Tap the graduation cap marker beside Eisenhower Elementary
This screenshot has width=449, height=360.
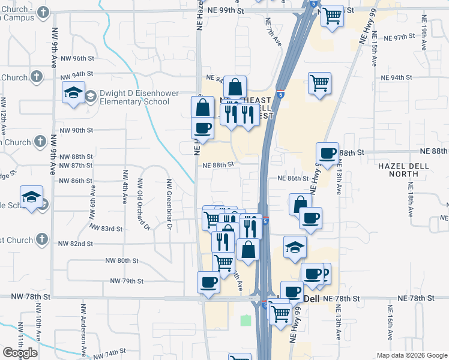tap(73, 92)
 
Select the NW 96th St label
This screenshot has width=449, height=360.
tap(77, 59)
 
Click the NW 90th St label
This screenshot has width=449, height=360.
tap(77, 130)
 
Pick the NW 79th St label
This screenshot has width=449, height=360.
tap(127, 281)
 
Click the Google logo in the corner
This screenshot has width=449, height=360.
tap(20, 352)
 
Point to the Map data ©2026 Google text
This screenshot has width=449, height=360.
tap(411, 355)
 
